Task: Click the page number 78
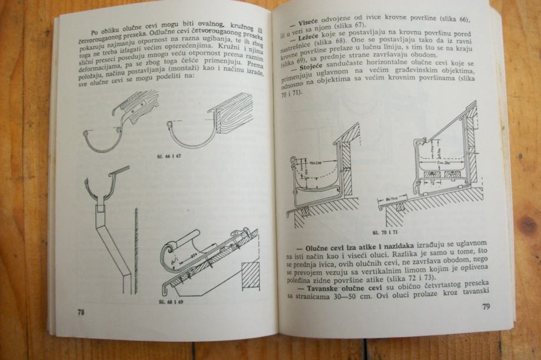click(81, 312)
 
